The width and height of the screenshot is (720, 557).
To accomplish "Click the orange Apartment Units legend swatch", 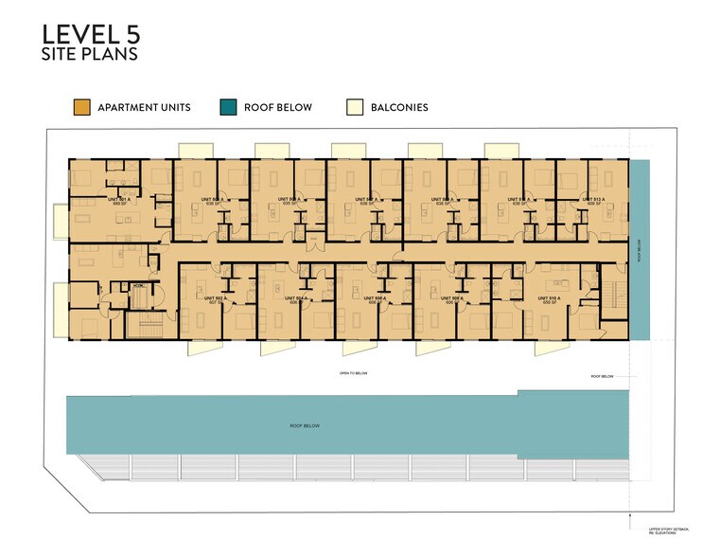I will tap(81, 107).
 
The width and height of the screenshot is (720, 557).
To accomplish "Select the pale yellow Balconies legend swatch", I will tap(354, 107).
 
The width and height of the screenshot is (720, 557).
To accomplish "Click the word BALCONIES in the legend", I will tap(399, 108).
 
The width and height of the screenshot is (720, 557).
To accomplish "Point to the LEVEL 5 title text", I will tap(91, 34).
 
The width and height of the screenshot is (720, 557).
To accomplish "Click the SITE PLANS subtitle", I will tap(90, 55).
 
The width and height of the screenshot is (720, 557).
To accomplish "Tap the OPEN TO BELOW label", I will tap(353, 373).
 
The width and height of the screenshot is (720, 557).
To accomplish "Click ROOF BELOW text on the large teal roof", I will tap(305, 426).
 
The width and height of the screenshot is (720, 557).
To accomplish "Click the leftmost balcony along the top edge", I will tap(195, 151).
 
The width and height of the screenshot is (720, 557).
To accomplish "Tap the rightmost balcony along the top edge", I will tap(501, 151).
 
